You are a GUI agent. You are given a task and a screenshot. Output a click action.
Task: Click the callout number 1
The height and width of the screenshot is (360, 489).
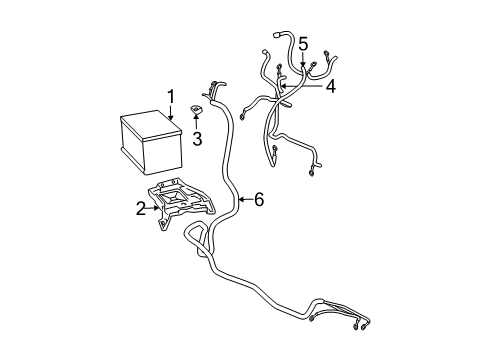point(171,97)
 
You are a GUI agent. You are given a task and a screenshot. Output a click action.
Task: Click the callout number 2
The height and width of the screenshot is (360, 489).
point(141,208)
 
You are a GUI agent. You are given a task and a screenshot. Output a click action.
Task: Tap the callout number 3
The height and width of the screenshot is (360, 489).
point(198,138)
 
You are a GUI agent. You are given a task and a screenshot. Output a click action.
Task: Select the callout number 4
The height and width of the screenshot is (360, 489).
point(329,87)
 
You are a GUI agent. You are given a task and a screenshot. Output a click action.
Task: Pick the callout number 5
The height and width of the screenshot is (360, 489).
point(303,44)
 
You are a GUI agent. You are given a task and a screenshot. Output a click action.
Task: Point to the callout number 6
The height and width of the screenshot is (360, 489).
point(258,200)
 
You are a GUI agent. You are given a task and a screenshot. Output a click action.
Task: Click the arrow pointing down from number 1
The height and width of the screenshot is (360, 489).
point(171,115)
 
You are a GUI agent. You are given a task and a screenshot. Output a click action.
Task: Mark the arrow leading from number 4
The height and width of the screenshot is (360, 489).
point(300,87)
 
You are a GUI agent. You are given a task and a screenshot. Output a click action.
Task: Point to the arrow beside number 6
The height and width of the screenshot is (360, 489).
point(243,200)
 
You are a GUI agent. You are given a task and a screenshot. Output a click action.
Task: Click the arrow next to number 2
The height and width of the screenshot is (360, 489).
point(154,208)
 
